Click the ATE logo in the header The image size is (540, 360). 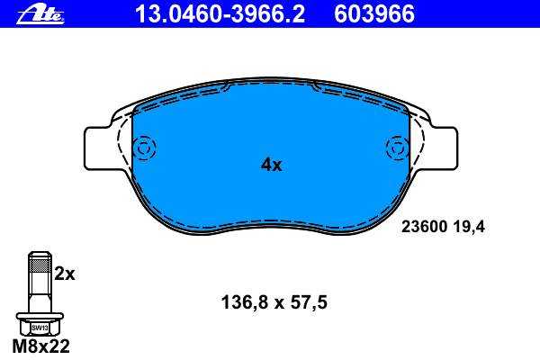pos(40,14)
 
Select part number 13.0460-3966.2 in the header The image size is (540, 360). pos(220,14)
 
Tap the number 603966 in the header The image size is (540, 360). pos(374,14)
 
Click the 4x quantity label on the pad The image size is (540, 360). pos(272,165)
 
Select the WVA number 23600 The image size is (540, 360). pos(424,227)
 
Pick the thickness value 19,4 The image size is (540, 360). pos(470,228)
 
